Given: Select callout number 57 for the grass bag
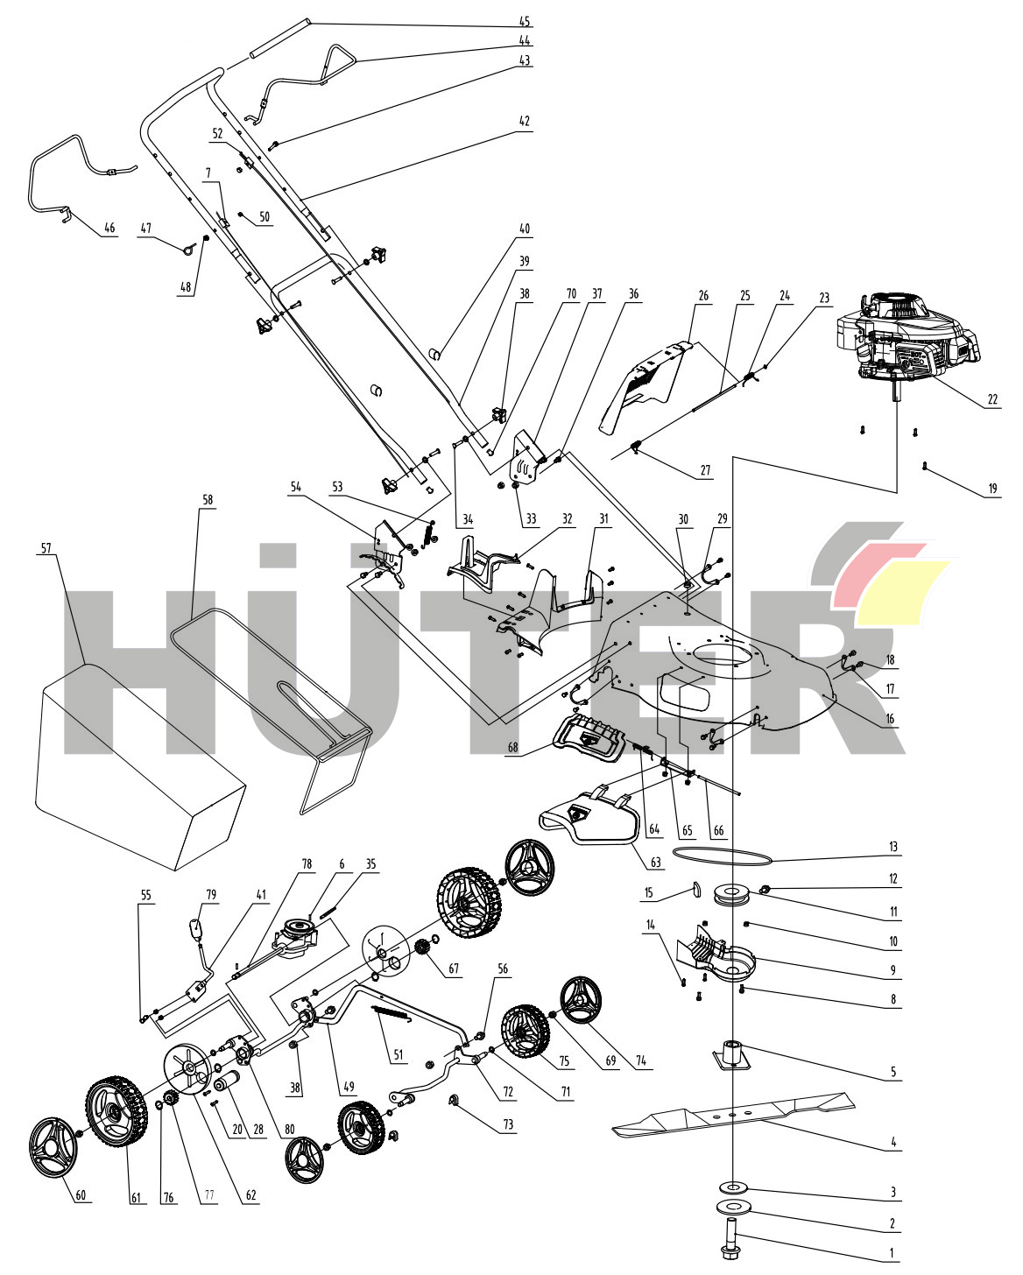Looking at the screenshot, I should [46, 549].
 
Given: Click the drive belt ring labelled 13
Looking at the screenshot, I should [723, 852].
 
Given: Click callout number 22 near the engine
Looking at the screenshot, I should [992, 400].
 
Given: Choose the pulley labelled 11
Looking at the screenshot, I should [730, 895].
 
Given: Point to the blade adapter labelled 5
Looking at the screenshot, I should [732, 1053].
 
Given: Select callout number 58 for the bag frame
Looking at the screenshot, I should [208, 500].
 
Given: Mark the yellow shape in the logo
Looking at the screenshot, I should [902, 591].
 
